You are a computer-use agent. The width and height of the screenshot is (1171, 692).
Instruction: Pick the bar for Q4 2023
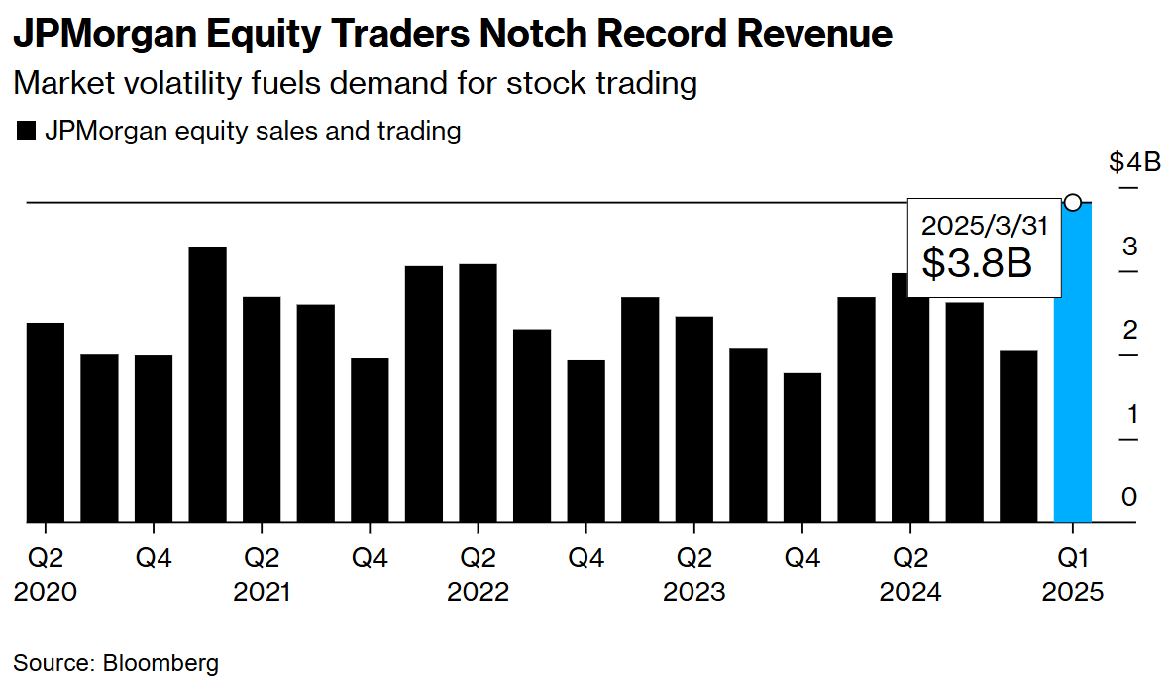coord(802,446)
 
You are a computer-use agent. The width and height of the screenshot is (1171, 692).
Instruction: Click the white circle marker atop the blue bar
coord(1072,202)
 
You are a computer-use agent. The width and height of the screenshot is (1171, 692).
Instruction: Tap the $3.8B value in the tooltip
coord(977,263)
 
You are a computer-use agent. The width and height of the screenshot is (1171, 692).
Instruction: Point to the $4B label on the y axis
coord(1134,162)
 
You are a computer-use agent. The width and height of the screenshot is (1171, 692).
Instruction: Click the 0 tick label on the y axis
coord(1129,497)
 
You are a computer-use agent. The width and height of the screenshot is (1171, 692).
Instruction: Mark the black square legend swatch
coord(27,131)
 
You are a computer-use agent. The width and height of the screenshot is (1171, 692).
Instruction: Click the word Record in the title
coord(675,35)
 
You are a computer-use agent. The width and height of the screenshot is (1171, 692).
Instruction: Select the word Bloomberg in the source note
coord(160,662)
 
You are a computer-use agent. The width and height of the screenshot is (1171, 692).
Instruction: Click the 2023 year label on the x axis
coord(693,592)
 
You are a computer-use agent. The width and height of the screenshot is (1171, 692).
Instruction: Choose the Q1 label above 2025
coord(1072,558)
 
